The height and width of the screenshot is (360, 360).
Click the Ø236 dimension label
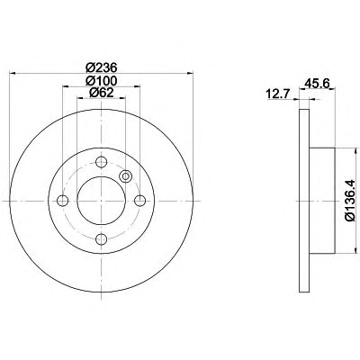tap(101, 67)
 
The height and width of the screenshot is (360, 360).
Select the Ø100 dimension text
tap(101, 80)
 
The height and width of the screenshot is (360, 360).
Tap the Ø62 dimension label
tap(102, 93)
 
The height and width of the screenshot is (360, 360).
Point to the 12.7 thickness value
tap(277, 94)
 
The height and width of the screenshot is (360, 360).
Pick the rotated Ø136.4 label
tap(350, 201)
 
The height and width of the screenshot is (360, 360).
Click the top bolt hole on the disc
tap(101, 162)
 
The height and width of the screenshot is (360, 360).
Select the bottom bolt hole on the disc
tap(101, 239)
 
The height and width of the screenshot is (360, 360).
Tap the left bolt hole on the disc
tap(62, 201)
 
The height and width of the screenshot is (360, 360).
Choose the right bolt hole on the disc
tap(139, 201)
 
